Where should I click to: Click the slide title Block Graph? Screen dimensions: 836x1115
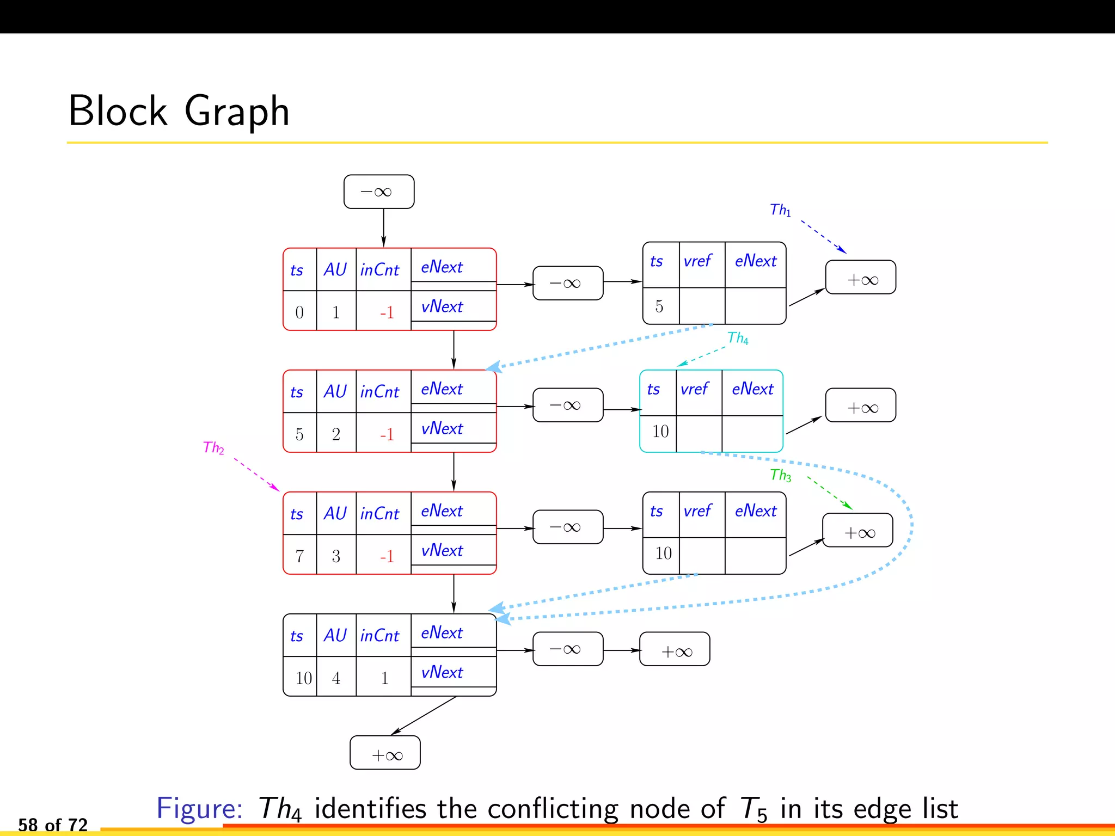(179, 111)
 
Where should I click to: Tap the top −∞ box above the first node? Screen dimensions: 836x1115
(378, 192)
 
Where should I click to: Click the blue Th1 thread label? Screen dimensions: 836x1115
(780, 210)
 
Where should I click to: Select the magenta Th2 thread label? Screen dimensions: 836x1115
(213, 448)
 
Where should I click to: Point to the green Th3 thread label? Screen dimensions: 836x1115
(780, 475)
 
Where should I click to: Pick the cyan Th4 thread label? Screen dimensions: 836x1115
(738, 338)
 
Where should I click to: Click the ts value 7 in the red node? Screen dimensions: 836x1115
(299, 556)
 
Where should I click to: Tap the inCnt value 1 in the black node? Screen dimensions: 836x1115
(384, 678)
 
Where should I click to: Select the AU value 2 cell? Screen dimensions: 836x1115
(336, 434)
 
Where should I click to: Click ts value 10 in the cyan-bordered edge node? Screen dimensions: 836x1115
(660, 432)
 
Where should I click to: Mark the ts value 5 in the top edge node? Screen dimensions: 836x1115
(659, 306)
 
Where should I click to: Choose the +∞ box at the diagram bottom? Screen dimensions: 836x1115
(385, 753)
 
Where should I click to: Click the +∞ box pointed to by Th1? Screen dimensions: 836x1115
(860, 278)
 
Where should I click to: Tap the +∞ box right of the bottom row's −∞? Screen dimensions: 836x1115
(675, 649)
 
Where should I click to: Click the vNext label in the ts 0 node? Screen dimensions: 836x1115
(442, 306)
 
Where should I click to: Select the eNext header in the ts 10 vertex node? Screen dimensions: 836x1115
(442, 632)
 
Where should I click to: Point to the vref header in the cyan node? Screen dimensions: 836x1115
(695, 389)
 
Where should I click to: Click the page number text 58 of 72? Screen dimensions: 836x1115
(53, 824)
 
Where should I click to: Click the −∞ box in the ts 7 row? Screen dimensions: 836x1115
(567, 527)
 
